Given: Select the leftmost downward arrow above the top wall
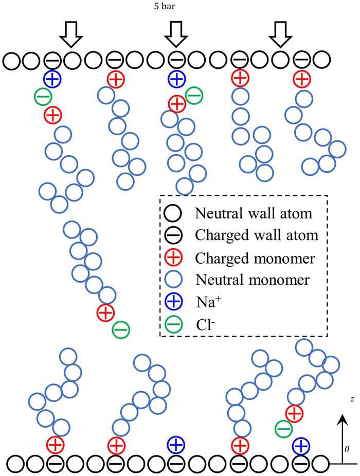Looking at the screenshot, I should [70, 35].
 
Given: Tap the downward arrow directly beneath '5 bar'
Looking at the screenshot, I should [176, 35].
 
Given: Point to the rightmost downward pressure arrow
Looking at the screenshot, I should [281, 35].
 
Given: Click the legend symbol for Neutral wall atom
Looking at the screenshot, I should [172, 211].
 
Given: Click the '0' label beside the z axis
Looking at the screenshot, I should [347, 448].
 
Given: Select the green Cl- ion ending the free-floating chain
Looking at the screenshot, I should [121, 329].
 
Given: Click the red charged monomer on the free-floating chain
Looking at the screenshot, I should [105, 312].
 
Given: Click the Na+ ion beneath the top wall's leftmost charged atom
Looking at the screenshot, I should [52, 79].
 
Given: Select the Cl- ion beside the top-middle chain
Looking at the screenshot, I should [193, 95].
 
